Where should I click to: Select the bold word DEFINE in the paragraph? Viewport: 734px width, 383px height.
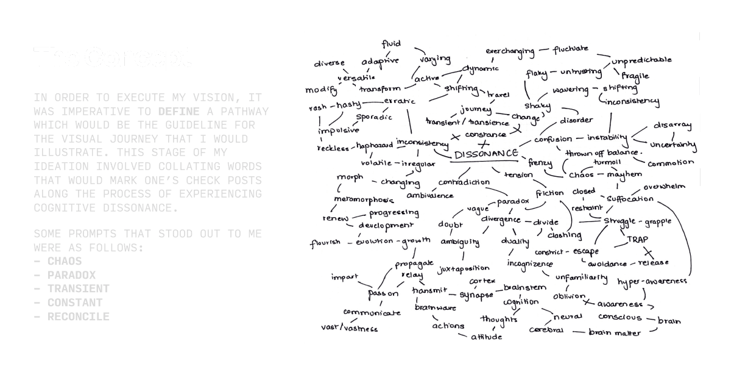(178, 111)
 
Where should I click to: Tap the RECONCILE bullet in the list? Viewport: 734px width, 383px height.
(79, 317)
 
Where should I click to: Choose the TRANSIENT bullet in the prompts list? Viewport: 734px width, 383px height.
(79, 288)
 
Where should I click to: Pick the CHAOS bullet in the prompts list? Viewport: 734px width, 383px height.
(65, 261)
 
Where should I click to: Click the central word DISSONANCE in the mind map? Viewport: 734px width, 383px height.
(486, 154)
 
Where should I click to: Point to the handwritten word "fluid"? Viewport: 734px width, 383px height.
(391, 43)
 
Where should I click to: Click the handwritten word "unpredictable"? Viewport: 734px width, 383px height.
(641, 60)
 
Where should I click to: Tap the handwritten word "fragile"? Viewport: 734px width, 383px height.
(635, 76)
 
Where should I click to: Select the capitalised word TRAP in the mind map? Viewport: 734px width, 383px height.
(638, 240)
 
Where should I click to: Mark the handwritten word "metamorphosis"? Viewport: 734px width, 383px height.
(364, 199)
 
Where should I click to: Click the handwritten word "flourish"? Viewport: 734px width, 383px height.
(325, 243)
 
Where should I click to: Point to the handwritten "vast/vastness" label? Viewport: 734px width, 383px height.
(349, 328)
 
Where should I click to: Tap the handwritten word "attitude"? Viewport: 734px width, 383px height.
(486, 337)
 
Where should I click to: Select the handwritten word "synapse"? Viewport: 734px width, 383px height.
(476, 295)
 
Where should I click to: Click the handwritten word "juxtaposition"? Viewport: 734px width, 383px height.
(464, 268)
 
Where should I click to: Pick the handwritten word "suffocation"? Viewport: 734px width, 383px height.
(630, 199)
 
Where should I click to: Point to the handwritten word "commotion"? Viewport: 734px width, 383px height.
(671, 163)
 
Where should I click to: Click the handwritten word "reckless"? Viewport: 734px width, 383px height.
(334, 148)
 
